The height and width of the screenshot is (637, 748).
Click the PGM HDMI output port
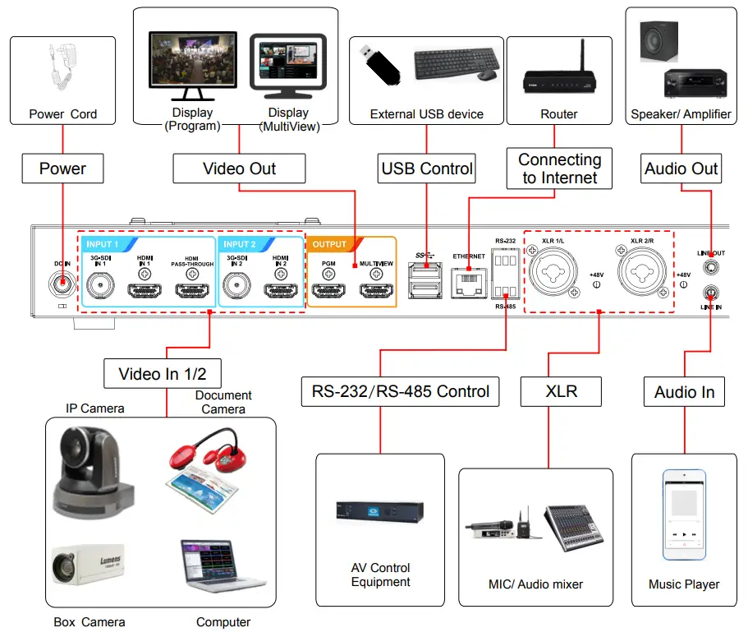pyautogui.click(x=329, y=289)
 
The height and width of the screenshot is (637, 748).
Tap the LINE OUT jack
pyautogui.click(x=709, y=267)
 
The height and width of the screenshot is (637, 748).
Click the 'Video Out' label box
pyautogui.click(x=239, y=169)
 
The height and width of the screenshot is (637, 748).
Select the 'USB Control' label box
pyautogui.click(x=427, y=169)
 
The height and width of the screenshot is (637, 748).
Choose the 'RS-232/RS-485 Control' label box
pyautogui.click(x=400, y=391)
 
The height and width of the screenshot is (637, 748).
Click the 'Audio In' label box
pyautogui.click(x=684, y=392)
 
